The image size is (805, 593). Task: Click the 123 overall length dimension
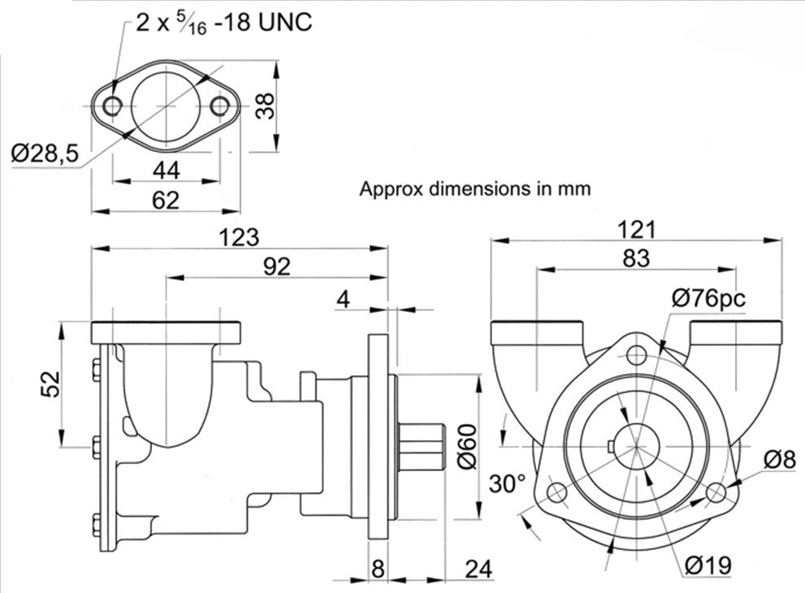(240, 237)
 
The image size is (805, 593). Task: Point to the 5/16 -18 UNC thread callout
(223, 22)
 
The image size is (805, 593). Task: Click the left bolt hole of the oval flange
(113, 105)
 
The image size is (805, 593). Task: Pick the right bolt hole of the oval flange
(219, 105)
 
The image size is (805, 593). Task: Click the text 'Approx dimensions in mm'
(475, 189)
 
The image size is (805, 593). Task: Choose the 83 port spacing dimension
(636, 258)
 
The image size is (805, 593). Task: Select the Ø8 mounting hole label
(778, 460)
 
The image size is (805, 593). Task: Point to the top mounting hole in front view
(638, 354)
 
